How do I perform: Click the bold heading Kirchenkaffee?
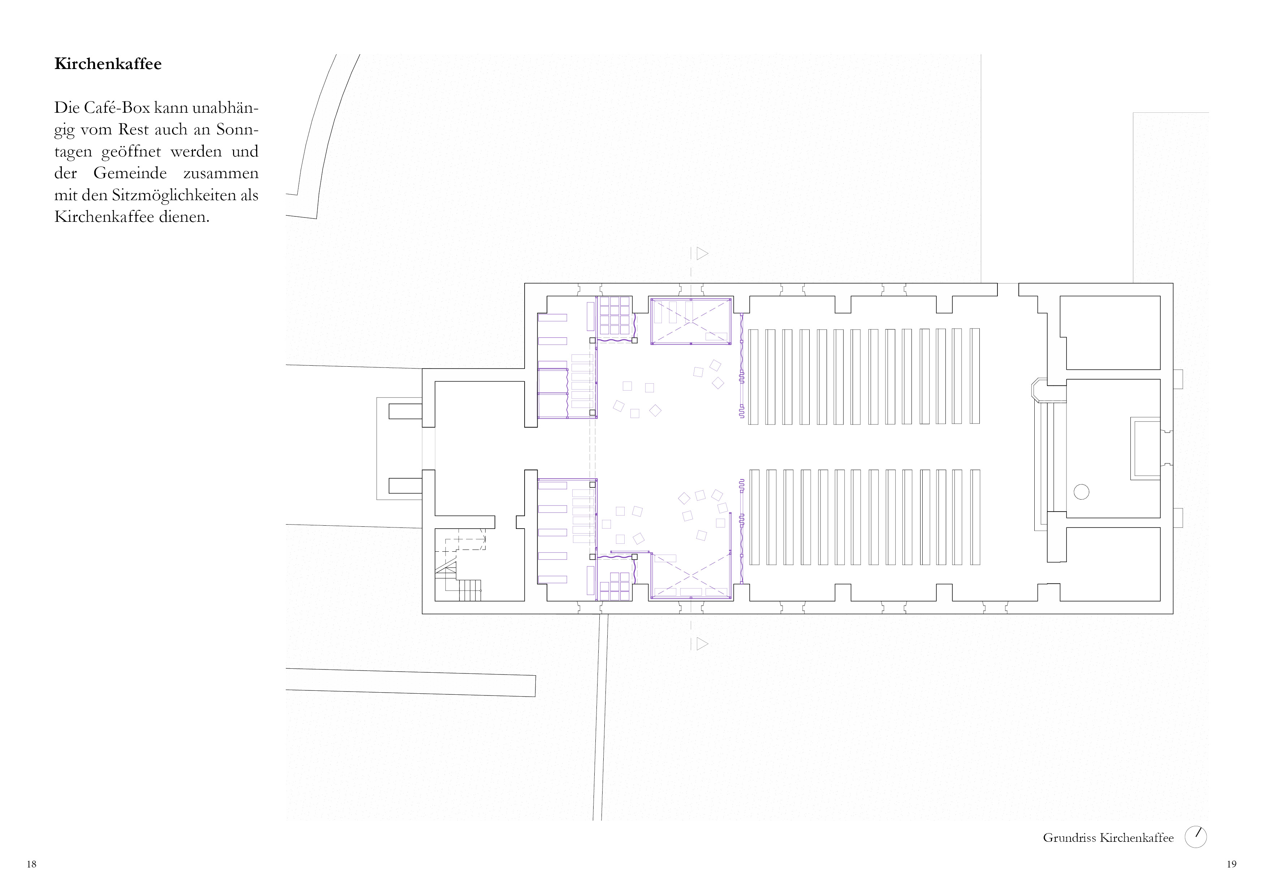pos(108,64)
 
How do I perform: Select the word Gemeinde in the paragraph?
pos(130,173)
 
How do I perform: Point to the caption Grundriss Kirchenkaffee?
pos(1108,838)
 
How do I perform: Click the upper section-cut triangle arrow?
pos(702,254)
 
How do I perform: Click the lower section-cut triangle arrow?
pos(702,643)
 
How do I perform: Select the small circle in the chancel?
pos(1081,492)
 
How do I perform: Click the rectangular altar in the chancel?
pos(1145,449)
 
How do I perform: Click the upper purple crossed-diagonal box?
pos(691,322)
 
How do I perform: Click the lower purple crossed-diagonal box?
pos(691,576)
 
